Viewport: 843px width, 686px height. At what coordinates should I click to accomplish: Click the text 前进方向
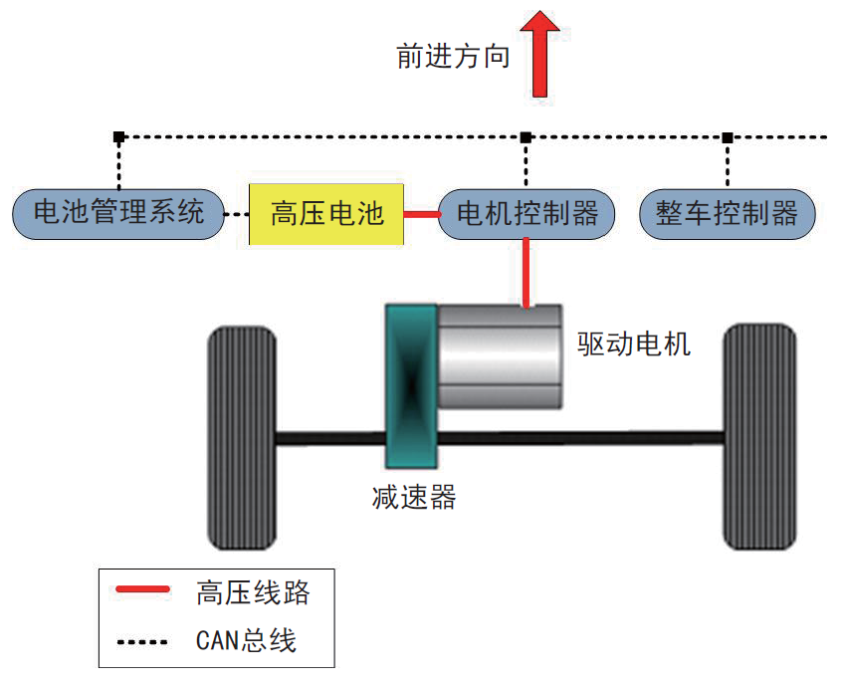click(x=453, y=57)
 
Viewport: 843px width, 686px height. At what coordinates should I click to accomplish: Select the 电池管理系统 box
click(x=117, y=213)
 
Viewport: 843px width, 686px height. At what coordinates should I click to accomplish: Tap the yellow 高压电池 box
click(x=326, y=214)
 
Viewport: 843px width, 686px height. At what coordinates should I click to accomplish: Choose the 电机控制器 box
click(x=527, y=213)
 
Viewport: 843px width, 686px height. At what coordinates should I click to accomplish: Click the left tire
click(x=241, y=438)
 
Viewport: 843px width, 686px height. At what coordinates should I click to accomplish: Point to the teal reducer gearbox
click(x=410, y=385)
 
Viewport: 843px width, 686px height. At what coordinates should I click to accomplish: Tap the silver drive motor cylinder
click(x=501, y=356)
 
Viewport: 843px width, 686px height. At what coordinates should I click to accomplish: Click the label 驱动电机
click(x=634, y=344)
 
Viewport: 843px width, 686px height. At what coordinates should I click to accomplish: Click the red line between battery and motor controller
click(x=421, y=214)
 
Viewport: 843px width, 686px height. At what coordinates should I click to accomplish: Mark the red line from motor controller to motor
click(x=527, y=273)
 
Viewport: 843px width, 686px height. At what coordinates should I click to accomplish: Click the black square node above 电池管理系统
click(x=118, y=136)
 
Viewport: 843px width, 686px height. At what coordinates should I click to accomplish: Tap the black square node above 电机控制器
click(x=527, y=136)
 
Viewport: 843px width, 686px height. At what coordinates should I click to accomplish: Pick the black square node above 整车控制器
click(x=728, y=136)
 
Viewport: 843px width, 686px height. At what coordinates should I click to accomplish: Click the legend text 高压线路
click(x=253, y=593)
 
